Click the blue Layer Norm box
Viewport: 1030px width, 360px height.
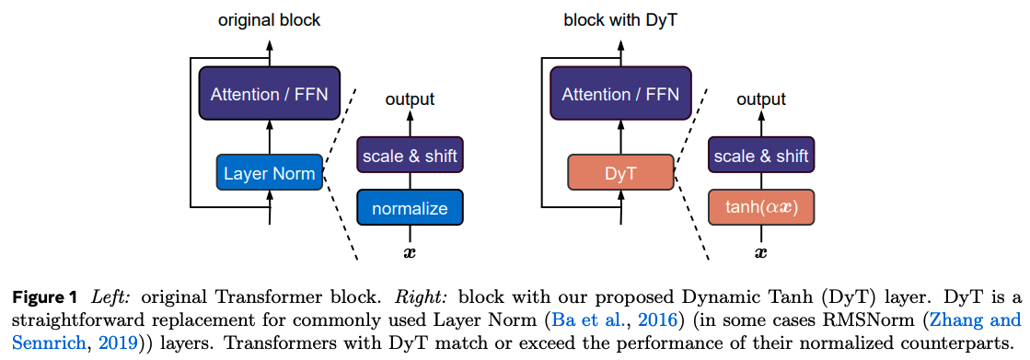pos(269,173)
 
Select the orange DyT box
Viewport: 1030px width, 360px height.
pos(620,173)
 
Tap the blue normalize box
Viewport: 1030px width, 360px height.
pos(410,208)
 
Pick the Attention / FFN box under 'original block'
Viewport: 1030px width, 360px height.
pos(269,93)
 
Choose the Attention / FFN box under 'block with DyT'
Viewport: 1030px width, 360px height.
pos(620,93)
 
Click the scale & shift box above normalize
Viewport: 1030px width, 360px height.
pos(410,156)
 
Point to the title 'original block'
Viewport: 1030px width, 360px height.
pos(269,19)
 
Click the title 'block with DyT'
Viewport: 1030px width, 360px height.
pos(620,19)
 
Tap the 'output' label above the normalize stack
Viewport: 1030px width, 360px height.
pos(410,99)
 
